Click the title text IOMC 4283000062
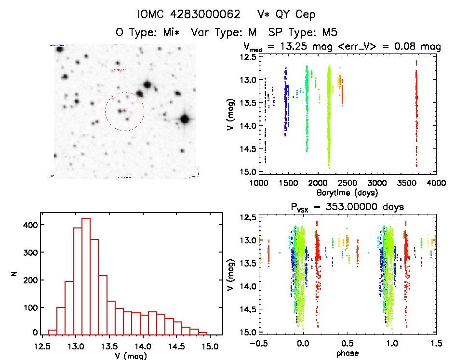pyautogui.click(x=189, y=14)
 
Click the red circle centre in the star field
pyautogui.click(x=125, y=111)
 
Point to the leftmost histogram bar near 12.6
pyautogui.click(x=53, y=332)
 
